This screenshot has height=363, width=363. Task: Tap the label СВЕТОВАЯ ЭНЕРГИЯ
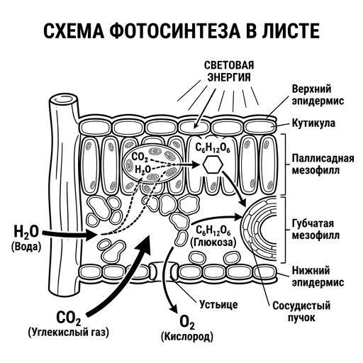[x=229, y=71]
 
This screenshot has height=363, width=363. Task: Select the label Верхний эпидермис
[x=318, y=95]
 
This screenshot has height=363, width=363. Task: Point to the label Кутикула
[x=313, y=123]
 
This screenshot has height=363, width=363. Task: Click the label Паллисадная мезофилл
[x=323, y=164]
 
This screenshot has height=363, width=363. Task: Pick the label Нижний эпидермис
[x=318, y=277]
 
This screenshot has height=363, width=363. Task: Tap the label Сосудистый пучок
[x=301, y=311]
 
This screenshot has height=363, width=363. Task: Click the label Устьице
[x=218, y=304]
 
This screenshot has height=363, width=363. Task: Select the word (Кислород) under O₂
[x=187, y=337]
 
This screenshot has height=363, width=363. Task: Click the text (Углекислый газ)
[x=69, y=332]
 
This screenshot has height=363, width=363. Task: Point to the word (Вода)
[x=26, y=247]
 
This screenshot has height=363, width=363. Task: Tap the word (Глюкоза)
[x=213, y=242]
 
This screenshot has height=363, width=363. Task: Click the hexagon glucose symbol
[x=213, y=164]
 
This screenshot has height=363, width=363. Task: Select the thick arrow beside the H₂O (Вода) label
[x=69, y=234]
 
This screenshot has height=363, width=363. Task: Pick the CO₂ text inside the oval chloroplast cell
[x=140, y=157]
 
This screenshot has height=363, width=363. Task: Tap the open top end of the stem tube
[x=63, y=99]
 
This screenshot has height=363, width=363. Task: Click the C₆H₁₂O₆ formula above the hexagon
[x=213, y=148]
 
